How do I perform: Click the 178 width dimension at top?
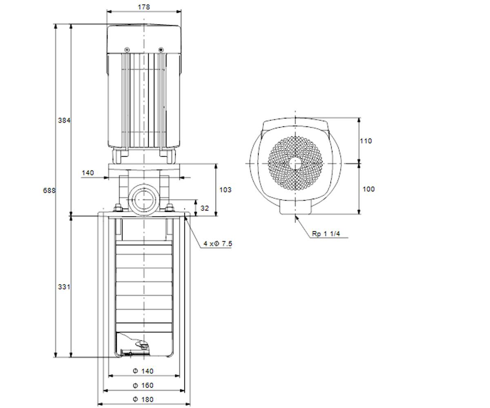[144, 7]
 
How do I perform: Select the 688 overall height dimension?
[49, 191]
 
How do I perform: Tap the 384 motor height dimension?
[64, 120]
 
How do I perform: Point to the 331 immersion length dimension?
[64, 287]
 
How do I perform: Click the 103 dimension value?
[225, 190]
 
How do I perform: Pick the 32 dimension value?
[205, 208]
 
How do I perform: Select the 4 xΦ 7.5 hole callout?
[218, 244]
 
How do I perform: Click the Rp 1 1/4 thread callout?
[326, 234]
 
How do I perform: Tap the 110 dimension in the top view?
[366, 141]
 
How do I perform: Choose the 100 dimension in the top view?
[369, 189]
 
